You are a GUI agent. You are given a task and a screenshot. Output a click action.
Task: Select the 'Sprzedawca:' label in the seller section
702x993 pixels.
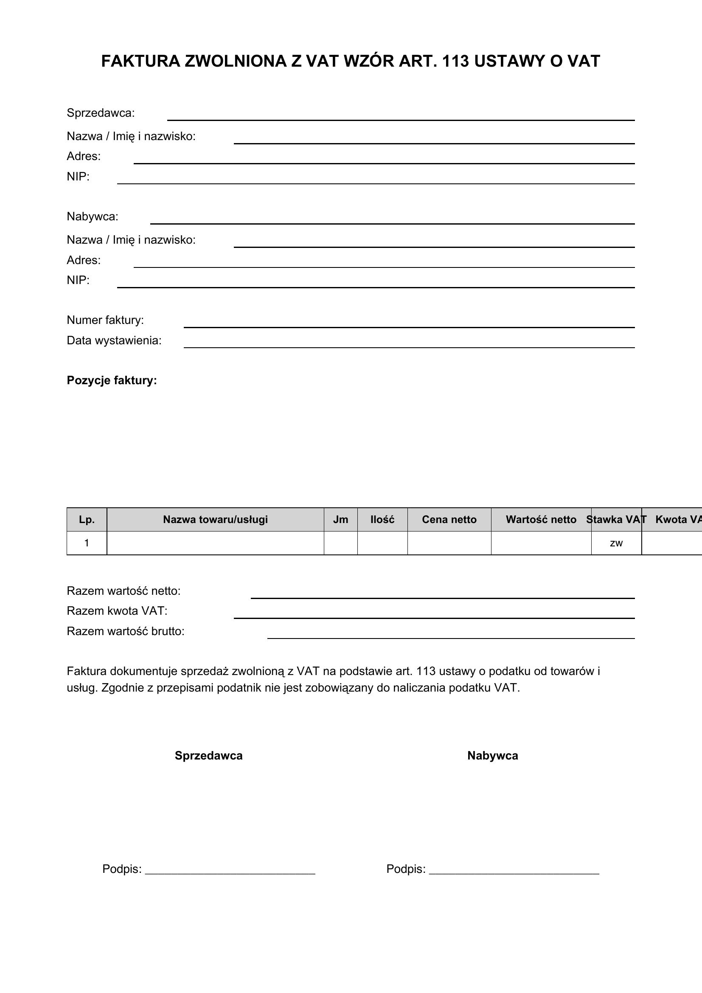tap(101, 113)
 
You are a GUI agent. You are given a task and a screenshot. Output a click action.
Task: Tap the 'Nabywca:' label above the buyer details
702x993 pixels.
tap(93, 217)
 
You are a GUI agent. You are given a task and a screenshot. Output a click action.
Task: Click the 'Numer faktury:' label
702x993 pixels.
tap(105, 320)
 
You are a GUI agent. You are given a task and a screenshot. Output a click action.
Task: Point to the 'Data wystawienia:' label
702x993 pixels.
tap(114, 340)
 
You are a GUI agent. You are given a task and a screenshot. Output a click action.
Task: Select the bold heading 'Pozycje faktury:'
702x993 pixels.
tap(112, 380)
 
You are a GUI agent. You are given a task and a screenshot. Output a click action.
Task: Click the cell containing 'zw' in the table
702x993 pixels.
tap(616, 543)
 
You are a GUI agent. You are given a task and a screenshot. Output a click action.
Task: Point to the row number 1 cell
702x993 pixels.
tap(87, 543)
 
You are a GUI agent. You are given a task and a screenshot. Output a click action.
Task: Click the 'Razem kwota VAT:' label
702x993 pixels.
tap(117, 610)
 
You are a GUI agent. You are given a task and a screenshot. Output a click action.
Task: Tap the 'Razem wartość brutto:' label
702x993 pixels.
tap(126, 631)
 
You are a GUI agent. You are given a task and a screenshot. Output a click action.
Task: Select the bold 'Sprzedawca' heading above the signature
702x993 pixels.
tap(209, 756)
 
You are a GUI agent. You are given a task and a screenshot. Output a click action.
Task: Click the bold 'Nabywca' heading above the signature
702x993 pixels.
tap(493, 756)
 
